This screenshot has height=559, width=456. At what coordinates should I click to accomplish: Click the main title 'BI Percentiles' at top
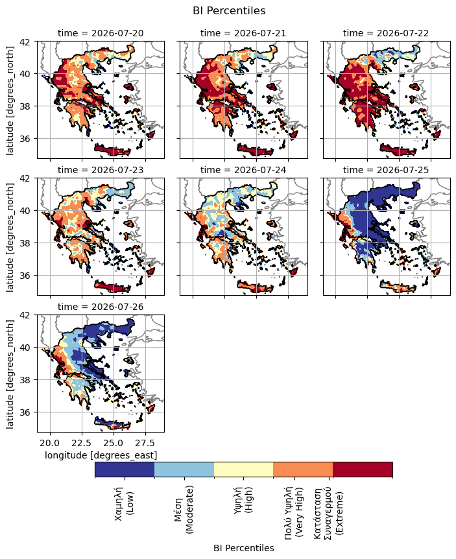coord(229,10)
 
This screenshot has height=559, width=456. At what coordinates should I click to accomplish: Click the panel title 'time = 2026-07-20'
coord(101,33)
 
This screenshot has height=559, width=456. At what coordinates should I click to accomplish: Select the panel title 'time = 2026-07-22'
coord(386,33)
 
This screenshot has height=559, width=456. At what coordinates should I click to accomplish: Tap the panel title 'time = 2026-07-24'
coord(243,170)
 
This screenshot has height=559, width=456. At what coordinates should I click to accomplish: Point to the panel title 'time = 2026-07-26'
coord(101,307)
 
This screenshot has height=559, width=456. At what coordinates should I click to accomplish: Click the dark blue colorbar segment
coord(125,470)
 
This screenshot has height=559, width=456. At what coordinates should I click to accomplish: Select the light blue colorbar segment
coord(184,470)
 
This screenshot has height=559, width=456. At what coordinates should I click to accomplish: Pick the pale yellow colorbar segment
coord(243,470)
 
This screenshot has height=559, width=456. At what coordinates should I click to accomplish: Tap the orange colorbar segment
coord(303,470)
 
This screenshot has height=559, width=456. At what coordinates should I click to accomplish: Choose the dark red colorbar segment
coord(363,470)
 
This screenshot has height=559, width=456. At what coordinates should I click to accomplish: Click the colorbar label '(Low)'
coord(130,503)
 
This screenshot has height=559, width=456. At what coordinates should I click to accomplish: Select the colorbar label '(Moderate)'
coord(189,509)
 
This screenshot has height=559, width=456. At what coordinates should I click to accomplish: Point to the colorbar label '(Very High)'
coord(300,512)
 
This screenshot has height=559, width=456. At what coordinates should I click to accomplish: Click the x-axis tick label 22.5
coord(82,443)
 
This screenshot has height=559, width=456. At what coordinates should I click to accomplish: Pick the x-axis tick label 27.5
coord(145,443)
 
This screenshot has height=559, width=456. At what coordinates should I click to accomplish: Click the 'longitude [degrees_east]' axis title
coord(101,455)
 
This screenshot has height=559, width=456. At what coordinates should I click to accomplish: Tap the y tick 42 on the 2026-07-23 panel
coord(30,178)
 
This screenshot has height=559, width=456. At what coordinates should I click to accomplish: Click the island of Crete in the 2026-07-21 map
coord(256,150)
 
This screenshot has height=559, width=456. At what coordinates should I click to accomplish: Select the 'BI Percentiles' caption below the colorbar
coord(244,548)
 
